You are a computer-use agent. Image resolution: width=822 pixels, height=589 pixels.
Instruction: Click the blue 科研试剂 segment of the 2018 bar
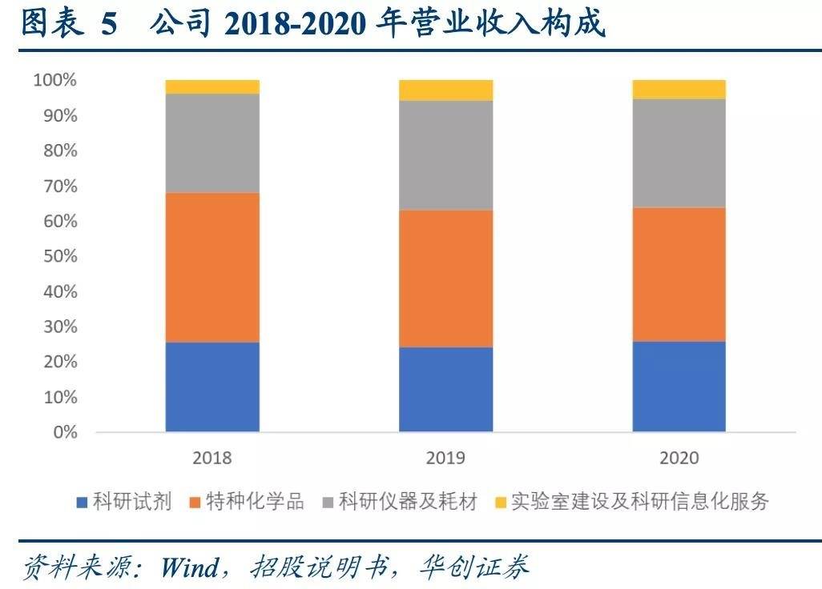212,387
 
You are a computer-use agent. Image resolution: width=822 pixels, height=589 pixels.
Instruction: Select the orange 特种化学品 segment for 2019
445,278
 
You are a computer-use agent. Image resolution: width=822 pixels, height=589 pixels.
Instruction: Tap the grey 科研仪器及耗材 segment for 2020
679,153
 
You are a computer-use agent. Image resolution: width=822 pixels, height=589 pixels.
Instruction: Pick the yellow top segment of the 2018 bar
212,86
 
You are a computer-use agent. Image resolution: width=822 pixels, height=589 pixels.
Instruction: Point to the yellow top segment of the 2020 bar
679,89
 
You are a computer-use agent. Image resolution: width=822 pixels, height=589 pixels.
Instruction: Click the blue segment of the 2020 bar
679,387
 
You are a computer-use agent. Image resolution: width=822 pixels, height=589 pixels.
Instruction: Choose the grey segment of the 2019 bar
445,155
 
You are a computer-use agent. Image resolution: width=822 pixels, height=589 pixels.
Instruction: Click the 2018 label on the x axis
212,459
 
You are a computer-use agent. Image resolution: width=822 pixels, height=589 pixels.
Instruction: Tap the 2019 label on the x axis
445,459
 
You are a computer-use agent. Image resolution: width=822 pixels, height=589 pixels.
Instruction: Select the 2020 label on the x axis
679,459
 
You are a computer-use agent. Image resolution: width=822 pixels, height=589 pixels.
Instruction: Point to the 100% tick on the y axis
54,80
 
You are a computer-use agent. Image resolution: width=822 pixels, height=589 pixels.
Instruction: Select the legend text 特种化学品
255,503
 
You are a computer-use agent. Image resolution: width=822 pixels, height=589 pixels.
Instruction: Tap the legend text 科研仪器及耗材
408,503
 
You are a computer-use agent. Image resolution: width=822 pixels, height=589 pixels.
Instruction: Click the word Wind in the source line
189,568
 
